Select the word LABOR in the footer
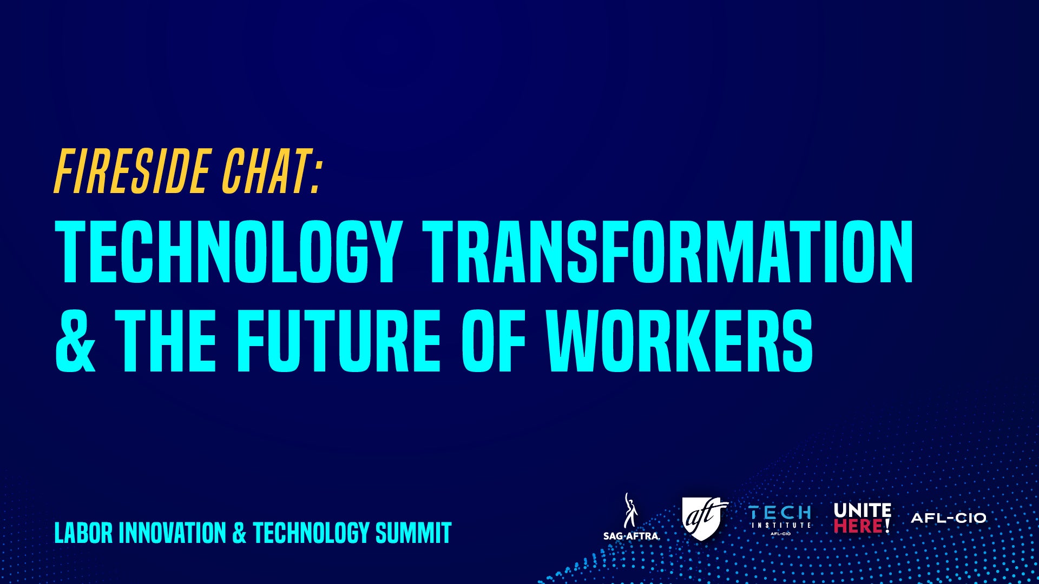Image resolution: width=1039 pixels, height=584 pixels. coord(84,533)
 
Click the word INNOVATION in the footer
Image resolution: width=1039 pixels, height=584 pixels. coord(172,533)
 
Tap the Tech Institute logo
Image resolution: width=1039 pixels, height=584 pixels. coord(780,520)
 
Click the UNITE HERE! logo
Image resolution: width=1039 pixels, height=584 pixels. coord(863,517)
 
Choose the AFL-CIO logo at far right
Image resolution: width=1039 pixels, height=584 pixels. coord(949,518)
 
